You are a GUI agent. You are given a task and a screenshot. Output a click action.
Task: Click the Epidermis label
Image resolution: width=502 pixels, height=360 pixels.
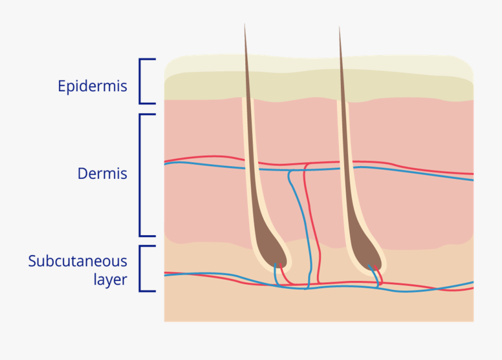(93, 86)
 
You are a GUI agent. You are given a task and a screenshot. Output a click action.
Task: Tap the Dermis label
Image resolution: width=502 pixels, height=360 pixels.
(102, 173)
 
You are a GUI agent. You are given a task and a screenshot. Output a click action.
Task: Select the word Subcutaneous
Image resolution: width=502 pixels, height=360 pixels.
(78, 261)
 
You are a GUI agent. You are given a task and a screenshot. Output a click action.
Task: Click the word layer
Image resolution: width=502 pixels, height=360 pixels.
(110, 279)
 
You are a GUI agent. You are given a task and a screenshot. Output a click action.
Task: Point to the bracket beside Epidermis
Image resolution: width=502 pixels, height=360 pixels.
(141, 81)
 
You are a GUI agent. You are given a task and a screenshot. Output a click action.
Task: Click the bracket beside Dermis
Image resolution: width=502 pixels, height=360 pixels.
(141, 174)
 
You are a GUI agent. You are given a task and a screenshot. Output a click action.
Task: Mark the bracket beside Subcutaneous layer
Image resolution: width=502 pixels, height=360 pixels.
(141, 269)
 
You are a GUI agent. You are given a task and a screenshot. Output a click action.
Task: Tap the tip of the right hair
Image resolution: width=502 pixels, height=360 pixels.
(339, 27)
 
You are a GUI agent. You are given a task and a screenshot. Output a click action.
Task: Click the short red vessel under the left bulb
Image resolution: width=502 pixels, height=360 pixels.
(284, 275)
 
